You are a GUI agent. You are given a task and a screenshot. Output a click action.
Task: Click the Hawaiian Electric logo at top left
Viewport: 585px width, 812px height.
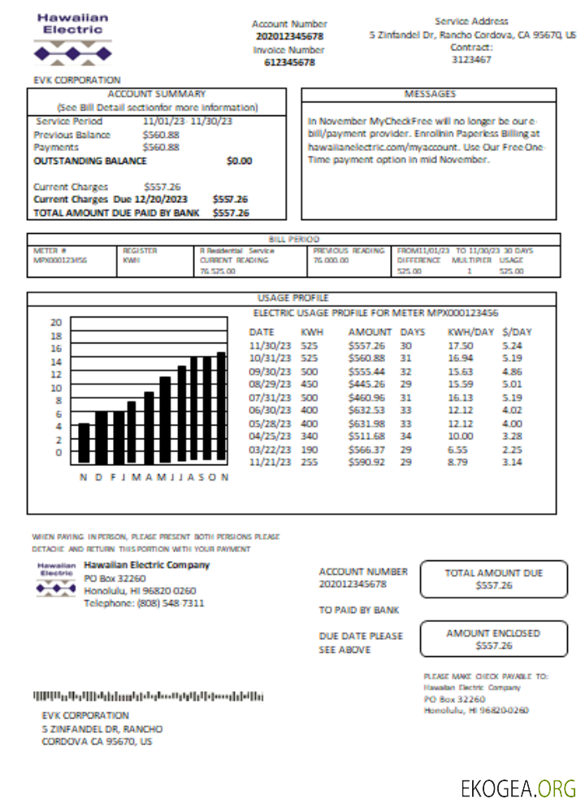(x=72, y=39)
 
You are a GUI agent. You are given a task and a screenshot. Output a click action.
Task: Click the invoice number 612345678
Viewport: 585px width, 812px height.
(x=289, y=63)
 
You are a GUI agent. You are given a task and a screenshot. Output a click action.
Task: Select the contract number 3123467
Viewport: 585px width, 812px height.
(x=471, y=59)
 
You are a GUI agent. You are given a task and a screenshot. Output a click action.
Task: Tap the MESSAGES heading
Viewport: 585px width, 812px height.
(x=430, y=94)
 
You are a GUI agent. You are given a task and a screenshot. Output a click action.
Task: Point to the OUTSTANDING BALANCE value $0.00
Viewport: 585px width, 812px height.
(x=239, y=161)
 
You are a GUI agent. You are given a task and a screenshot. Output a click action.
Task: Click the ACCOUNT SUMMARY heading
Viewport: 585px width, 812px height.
(x=157, y=94)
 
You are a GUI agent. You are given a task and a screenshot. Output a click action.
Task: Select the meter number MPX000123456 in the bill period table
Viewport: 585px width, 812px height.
(x=60, y=261)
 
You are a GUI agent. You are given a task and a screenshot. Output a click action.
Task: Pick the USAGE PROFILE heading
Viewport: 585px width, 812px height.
(x=292, y=298)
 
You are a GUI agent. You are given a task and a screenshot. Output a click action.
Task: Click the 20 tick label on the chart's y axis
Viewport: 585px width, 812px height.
(x=56, y=322)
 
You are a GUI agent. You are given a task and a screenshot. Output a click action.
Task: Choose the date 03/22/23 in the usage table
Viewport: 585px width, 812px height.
(x=267, y=449)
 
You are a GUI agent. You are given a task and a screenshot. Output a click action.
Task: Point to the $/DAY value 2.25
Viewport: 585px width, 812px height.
(x=512, y=449)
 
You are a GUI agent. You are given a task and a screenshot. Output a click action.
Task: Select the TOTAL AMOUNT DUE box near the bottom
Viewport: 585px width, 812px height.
(x=493, y=579)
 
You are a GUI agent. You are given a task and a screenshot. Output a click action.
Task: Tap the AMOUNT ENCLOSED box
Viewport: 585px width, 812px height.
(x=493, y=639)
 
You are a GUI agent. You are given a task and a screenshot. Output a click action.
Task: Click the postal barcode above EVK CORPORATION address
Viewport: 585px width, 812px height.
(x=148, y=696)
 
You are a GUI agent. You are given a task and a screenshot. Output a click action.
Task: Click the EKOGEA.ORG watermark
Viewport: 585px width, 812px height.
(x=518, y=788)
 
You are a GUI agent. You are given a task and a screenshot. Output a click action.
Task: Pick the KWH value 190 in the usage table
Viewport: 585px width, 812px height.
(x=309, y=449)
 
